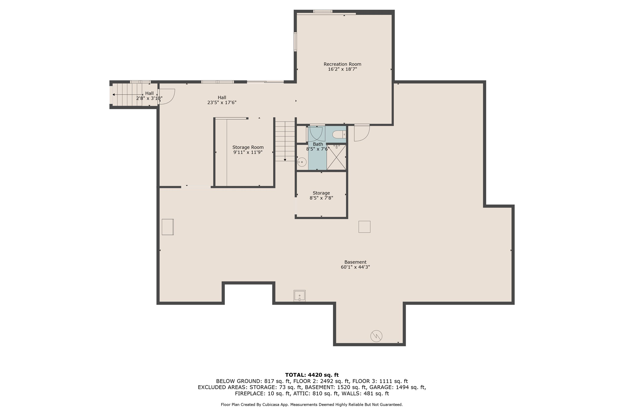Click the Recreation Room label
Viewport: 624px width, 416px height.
(x=342, y=64)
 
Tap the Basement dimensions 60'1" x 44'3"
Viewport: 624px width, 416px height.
(x=355, y=267)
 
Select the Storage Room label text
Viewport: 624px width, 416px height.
(x=248, y=147)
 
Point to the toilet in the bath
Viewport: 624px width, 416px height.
(x=339, y=135)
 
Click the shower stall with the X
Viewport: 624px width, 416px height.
(x=336, y=157)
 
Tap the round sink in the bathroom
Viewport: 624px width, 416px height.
(x=302, y=162)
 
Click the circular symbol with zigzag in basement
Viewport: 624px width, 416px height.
(x=376, y=336)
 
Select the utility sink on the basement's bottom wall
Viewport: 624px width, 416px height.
(x=299, y=296)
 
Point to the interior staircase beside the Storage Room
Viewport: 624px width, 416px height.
(x=285, y=141)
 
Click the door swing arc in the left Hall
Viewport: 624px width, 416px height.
(x=167, y=97)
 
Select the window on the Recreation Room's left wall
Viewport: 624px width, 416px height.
(x=295, y=42)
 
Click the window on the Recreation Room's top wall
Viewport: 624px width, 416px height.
(x=323, y=11)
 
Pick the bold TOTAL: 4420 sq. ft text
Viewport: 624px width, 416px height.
(x=312, y=375)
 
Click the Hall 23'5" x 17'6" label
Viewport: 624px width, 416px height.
(x=222, y=100)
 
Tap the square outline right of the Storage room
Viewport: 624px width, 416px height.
(x=364, y=227)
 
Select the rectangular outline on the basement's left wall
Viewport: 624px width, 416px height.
(x=168, y=227)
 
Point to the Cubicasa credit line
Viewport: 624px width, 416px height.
(x=312, y=405)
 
